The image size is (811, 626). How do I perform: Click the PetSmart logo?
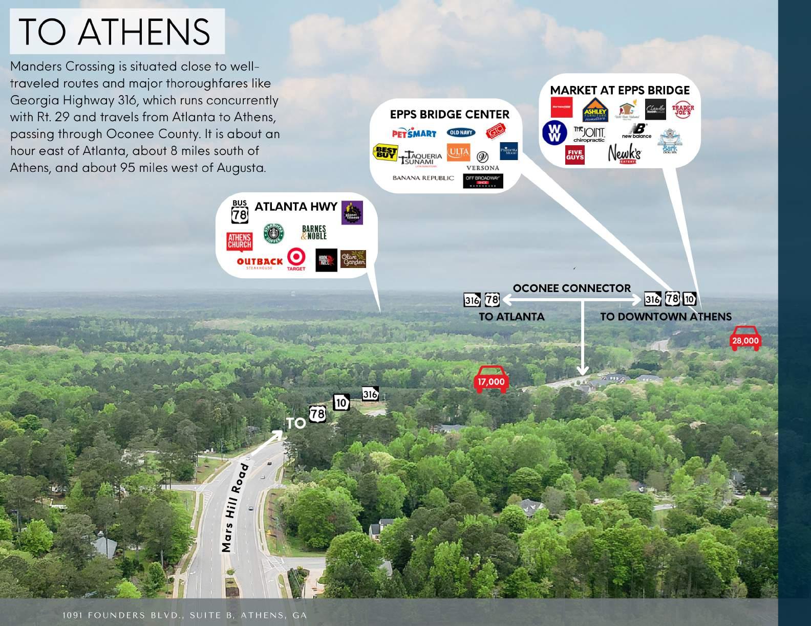(x=414, y=133)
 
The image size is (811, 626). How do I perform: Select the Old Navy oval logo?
(x=461, y=132)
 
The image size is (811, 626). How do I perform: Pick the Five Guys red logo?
(x=574, y=154)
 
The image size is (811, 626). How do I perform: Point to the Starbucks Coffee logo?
(x=274, y=233)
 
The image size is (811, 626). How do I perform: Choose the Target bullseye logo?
(x=296, y=258)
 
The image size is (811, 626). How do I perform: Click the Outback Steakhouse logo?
(x=260, y=263)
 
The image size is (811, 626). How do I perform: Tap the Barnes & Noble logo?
(x=313, y=233)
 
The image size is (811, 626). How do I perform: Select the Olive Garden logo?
(x=353, y=259)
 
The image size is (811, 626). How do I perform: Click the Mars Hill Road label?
(x=236, y=508)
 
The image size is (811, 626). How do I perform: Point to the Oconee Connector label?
(x=571, y=288)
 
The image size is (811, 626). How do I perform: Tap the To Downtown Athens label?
(x=666, y=317)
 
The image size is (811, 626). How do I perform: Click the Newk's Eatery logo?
(x=624, y=153)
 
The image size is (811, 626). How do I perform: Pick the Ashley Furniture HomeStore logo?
(x=595, y=109)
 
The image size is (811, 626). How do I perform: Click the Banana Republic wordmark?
(x=423, y=178)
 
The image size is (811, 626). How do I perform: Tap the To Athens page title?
(x=115, y=32)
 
